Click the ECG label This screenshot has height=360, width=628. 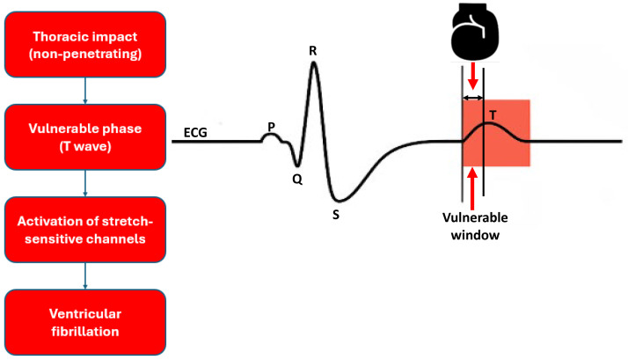coord(196,132)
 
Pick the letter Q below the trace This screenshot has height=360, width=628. coord(297,177)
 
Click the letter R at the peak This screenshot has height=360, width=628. coord(312,50)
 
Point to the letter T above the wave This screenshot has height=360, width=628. coord(493,114)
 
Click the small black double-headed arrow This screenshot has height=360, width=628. coord(473,96)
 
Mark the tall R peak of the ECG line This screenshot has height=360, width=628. coord(313,67)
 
